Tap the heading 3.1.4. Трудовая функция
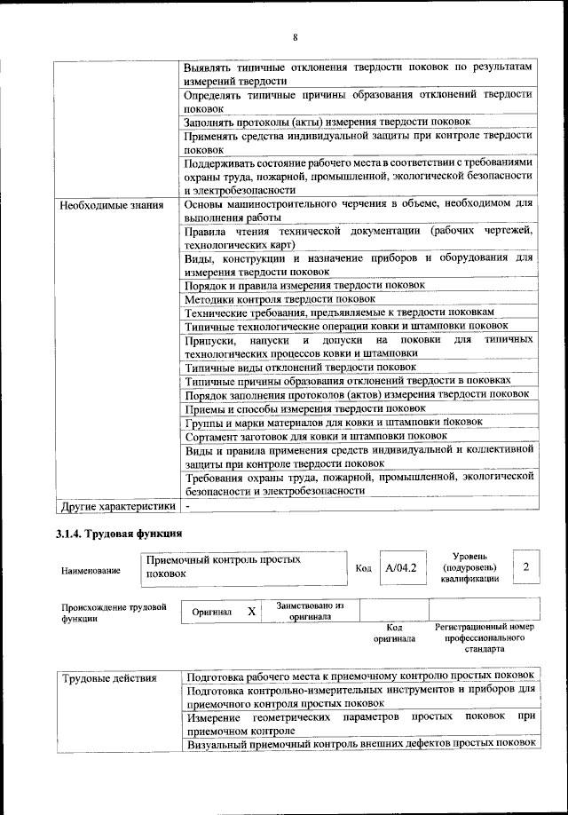119,534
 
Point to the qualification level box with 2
525,566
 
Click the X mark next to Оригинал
251,612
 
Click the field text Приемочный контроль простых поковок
223,566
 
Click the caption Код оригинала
393,632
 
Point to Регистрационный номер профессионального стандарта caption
485,637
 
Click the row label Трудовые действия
109,678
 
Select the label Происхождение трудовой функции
114,613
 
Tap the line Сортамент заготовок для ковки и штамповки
316,436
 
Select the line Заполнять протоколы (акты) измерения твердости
333,121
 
